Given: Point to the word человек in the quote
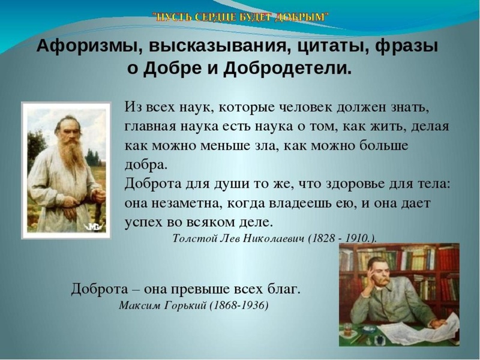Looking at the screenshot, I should tap(310, 107).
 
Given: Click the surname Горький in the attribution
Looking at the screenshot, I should tap(184, 305).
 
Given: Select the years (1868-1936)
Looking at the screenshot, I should tap(239, 305).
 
